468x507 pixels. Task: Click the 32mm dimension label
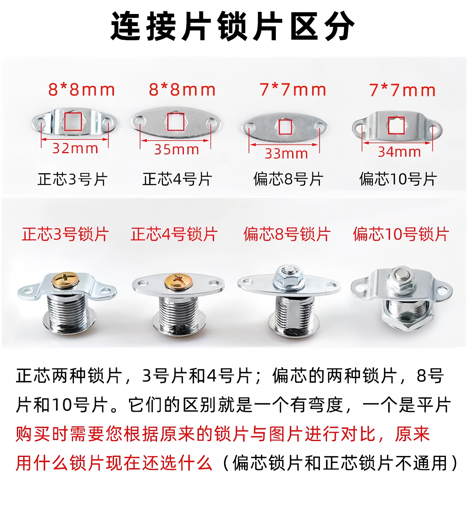coord(75,148)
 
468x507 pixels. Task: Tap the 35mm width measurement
coord(176,149)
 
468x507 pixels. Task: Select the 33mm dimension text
coord(286,154)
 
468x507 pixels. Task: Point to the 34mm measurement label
coord(399,152)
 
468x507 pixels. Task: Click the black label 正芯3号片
coord(73,179)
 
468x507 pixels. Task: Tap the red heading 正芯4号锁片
coord(174,234)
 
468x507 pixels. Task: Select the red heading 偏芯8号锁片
coord(287,234)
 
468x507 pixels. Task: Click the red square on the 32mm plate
coord(73,121)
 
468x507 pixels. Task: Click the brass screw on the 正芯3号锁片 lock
coord(65,280)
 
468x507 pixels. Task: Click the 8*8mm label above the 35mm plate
coord(182,90)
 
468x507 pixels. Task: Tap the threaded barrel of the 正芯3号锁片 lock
coord(67,312)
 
